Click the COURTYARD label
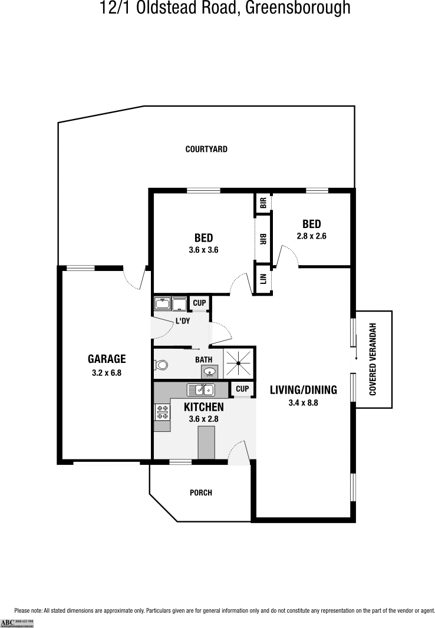pos(206,150)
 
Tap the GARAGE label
pos(107,359)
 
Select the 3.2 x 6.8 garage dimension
pos(107,372)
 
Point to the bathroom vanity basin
pos(209,372)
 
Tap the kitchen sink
pos(200,389)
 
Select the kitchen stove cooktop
pos(162,412)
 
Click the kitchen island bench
pos(206,443)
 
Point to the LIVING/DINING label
pos(303,389)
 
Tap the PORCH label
pos(201,493)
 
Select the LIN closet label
pos(263,279)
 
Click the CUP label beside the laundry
pos(199,303)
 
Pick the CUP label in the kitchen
pos(242,389)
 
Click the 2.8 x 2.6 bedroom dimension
pos(311,236)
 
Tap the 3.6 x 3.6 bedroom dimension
pos(203,250)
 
